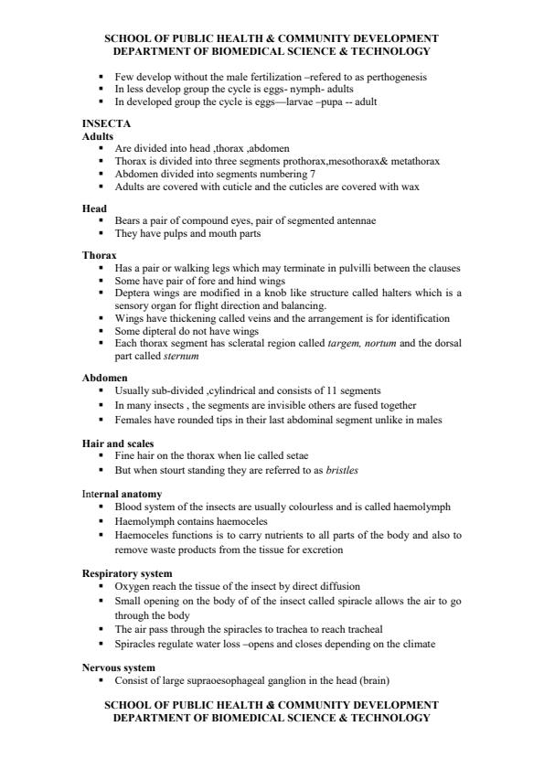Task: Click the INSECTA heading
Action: [106, 123]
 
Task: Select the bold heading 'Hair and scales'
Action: [118, 443]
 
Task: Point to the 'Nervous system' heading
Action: [118, 668]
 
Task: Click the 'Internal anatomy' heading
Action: [123, 494]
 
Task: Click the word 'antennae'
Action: [352, 220]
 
